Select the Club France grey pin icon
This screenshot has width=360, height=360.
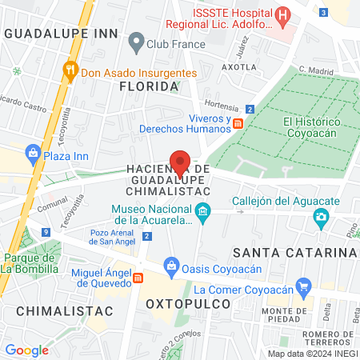click(x=136, y=39)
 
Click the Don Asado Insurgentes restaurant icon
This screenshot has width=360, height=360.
click(x=70, y=70)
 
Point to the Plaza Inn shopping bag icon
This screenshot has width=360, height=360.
click(x=33, y=152)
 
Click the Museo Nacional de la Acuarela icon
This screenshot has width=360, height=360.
click(x=203, y=213)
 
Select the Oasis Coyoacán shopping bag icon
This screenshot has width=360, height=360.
click(x=170, y=264)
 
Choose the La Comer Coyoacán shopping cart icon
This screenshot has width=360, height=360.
click(x=302, y=286)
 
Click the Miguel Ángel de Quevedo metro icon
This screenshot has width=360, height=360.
click(x=138, y=277)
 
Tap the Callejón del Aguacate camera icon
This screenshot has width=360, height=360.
click(x=321, y=216)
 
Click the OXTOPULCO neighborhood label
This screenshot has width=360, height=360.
click(x=188, y=305)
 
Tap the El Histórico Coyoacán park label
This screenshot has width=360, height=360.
click(x=312, y=127)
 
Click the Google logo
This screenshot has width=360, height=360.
click(x=26, y=350)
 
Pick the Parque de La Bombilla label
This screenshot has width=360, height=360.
click(x=28, y=263)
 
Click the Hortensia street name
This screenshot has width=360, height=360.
click(x=222, y=106)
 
